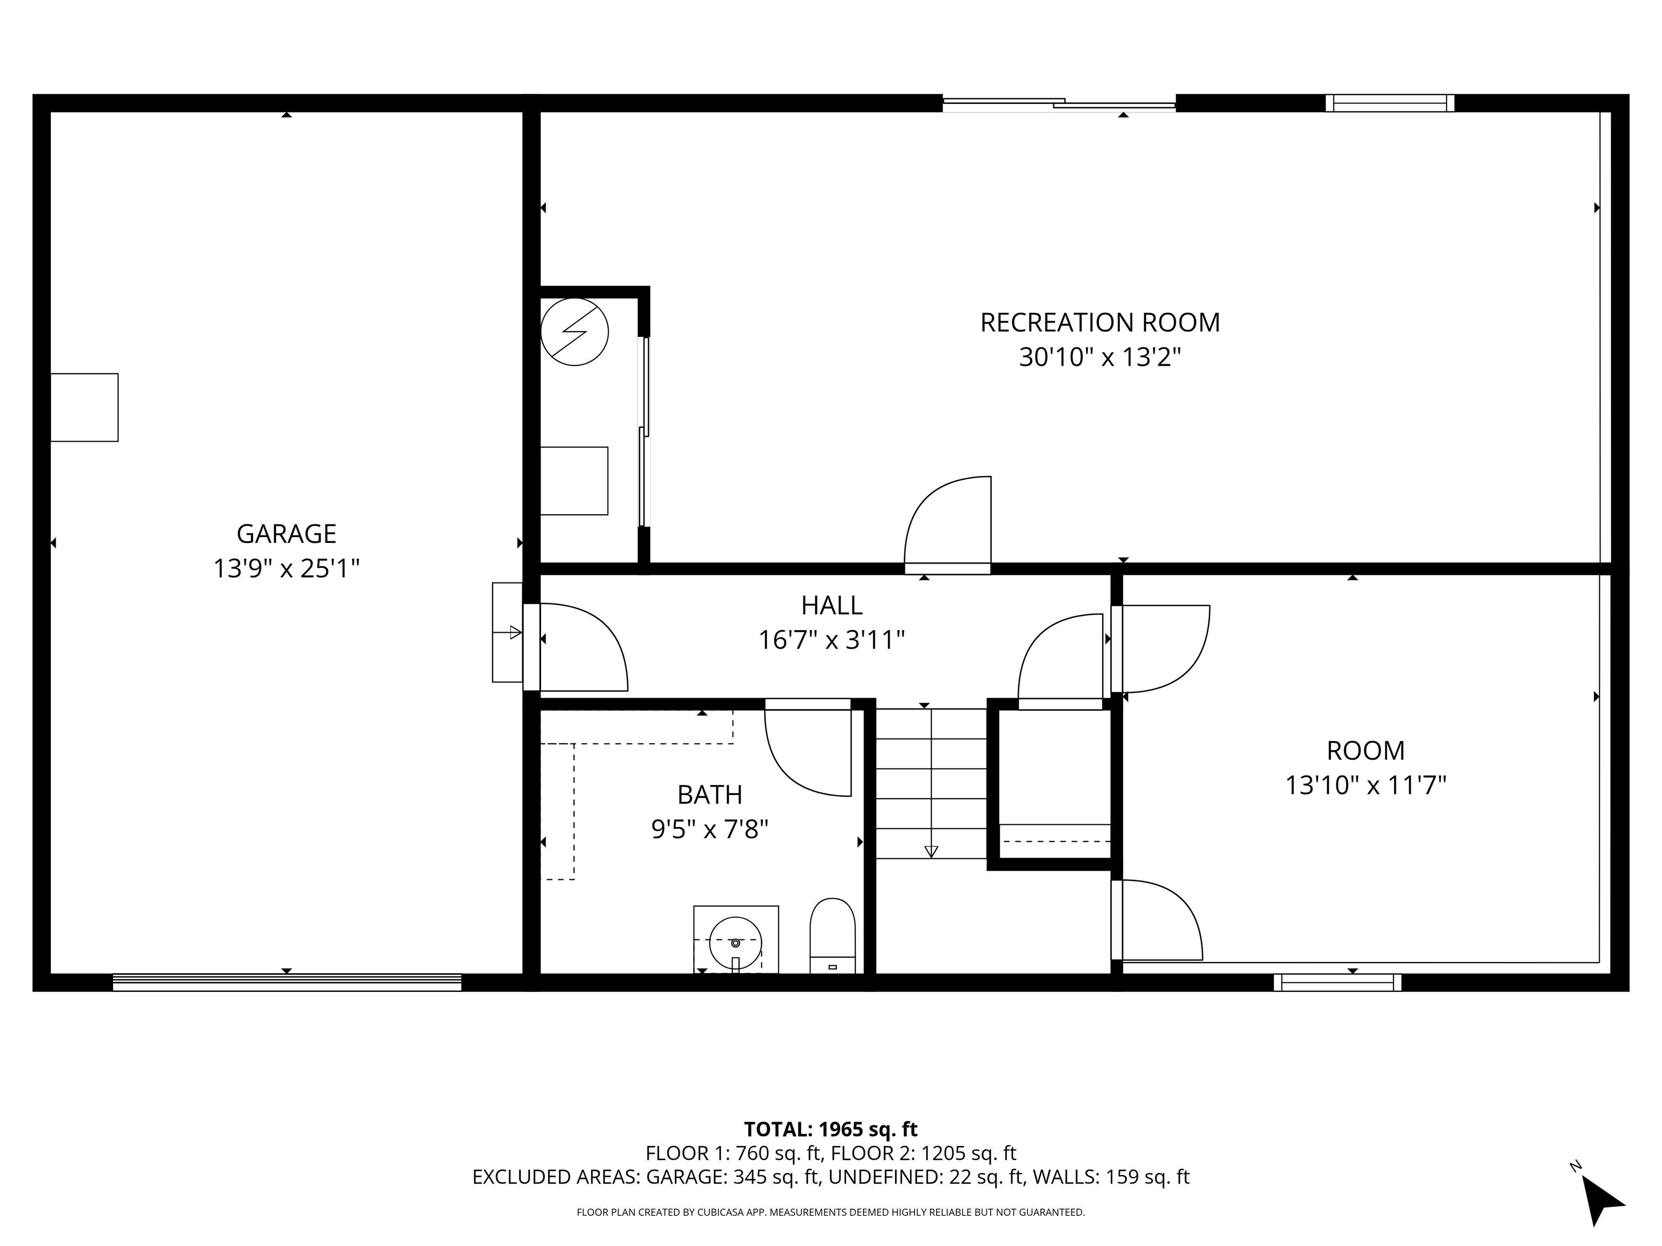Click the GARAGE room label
286,534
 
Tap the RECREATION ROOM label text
1100,323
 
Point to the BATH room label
709,794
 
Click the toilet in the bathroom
833,936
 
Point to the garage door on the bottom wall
287,983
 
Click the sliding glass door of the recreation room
1059,104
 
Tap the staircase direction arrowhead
931,852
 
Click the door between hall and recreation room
947,525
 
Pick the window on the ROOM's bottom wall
1337,983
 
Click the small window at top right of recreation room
1390,104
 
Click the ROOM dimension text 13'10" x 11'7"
1365,786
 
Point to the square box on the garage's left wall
84,407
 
